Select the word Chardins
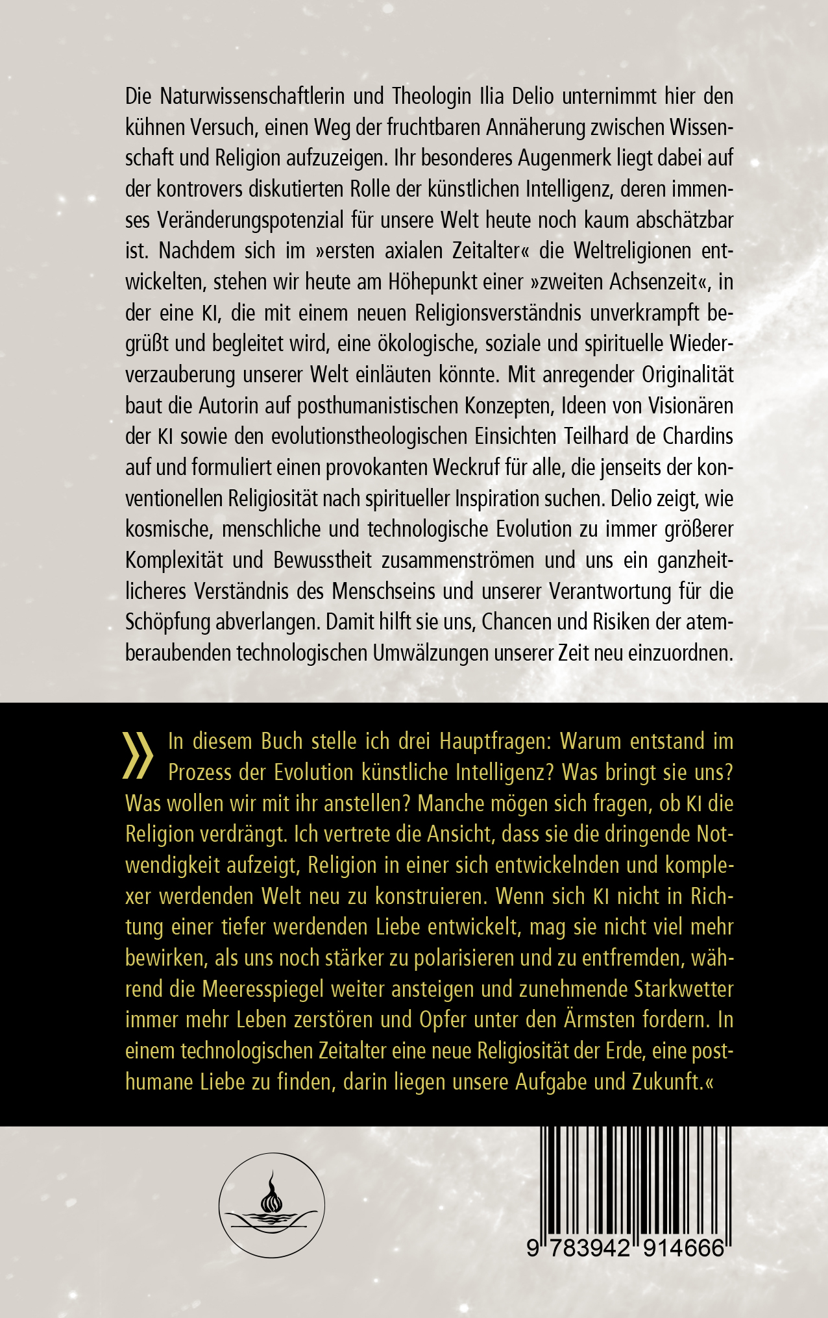[x=698, y=436]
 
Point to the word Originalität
[x=688, y=374]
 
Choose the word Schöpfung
[x=167, y=622]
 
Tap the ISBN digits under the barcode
[x=625, y=1248]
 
